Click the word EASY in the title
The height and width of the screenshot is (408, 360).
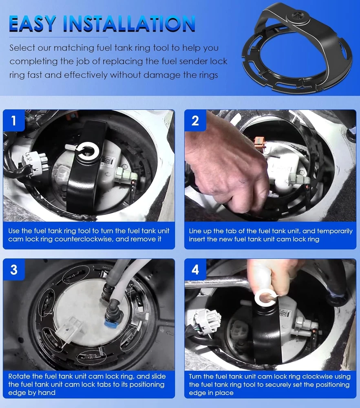tap(33, 24)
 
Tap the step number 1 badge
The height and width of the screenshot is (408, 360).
tap(14, 120)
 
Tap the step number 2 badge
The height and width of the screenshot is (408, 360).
tap(195, 120)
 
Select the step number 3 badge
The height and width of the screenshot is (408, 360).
tap(14, 270)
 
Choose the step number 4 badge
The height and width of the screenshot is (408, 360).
tap(195, 270)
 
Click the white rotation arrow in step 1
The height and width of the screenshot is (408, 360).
tap(88, 152)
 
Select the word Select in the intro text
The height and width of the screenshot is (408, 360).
tap(22, 48)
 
